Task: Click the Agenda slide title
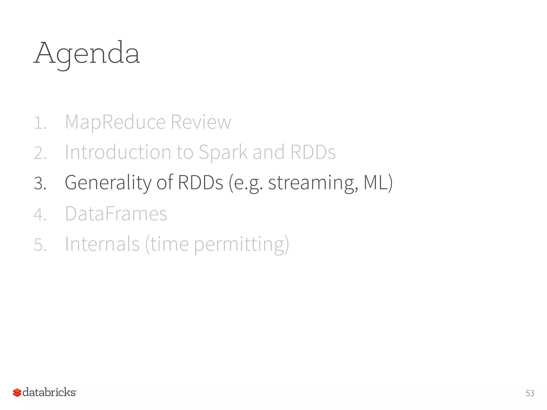[87, 53]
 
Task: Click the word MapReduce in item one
[115, 122]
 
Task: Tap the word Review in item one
[201, 122]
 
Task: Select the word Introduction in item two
[118, 152]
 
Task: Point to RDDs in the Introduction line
[313, 152]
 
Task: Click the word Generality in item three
[108, 183]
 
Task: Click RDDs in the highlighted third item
[200, 183]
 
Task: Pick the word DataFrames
[116, 214]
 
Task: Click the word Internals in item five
[102, 244]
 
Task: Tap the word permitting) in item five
[241, 245]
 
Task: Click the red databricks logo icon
[17, 392]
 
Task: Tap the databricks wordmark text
[49, 392]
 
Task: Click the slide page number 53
[530, 393]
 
